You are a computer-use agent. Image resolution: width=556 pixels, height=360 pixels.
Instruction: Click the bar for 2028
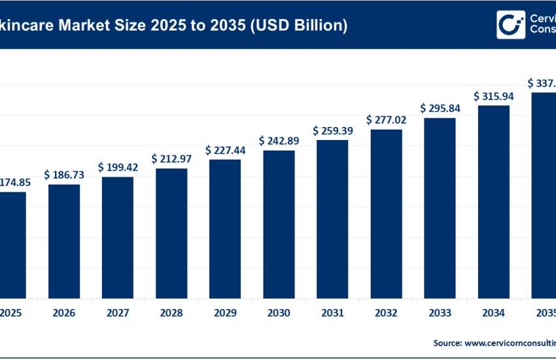point(171,232)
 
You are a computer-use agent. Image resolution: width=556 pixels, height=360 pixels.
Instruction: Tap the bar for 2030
point(279,223)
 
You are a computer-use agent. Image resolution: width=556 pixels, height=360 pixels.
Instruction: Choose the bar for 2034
point(493,201)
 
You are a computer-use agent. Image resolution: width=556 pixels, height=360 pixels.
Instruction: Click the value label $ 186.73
point(64,175)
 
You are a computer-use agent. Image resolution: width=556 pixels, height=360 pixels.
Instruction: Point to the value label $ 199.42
point(118,168)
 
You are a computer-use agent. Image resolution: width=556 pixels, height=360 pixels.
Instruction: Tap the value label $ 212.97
point(171,159)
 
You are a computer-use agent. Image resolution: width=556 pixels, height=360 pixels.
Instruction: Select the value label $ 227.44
point(225,150)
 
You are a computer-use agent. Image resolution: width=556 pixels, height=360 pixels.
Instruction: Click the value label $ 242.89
point(279,141)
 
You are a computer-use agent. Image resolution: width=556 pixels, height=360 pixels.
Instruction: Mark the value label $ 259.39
point(332,131)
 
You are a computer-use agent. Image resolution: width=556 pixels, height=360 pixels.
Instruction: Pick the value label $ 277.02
point(386,120)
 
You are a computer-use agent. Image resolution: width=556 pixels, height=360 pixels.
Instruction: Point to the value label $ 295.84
point(440,108)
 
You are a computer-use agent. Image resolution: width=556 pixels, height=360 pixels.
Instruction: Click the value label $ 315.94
point(493,96)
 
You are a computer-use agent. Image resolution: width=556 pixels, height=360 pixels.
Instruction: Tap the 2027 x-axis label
point(118,313)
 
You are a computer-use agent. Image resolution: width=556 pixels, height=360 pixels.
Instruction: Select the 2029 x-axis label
point(225,313)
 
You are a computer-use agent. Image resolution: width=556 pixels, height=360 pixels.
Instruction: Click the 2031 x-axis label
point(332,313)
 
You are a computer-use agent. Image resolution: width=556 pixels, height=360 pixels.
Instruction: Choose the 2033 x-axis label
point(440,313)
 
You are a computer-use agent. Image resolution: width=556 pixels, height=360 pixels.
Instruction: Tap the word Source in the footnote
point(447,342)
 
